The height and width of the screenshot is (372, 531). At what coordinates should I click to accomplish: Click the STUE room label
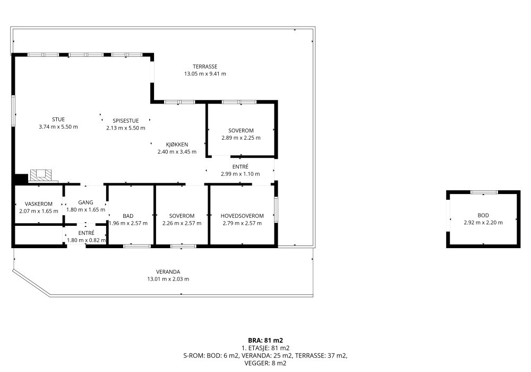58,119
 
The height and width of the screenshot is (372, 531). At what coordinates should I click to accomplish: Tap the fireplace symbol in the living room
41,175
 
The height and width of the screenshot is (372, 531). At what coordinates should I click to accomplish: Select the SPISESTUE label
126,121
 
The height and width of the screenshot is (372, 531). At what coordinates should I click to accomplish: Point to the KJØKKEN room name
177,145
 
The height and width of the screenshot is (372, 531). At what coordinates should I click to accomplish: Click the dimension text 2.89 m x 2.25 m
241,138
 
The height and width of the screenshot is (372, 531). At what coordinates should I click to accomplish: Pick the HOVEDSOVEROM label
242,216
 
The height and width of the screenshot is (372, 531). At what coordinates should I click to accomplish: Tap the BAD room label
128,216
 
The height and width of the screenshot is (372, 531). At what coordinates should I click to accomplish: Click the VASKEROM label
39,204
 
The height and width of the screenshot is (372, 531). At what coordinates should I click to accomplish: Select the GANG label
85,202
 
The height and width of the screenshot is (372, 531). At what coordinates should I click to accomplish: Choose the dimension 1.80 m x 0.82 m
87,240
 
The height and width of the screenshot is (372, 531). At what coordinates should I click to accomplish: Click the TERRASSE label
205,66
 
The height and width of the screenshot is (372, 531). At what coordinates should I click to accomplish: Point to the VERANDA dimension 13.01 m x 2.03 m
168,279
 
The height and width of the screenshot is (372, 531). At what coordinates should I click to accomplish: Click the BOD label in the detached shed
483,215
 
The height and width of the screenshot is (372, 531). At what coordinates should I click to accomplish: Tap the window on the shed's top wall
484,192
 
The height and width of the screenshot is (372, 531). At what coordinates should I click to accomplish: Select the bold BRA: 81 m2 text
265,341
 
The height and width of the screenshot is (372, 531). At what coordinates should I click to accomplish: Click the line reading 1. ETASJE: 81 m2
265,348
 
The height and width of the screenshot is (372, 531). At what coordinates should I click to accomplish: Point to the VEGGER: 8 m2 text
265,363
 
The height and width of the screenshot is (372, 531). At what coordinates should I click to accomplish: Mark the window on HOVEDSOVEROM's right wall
276,210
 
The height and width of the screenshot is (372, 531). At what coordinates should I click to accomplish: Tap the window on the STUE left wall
13,111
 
